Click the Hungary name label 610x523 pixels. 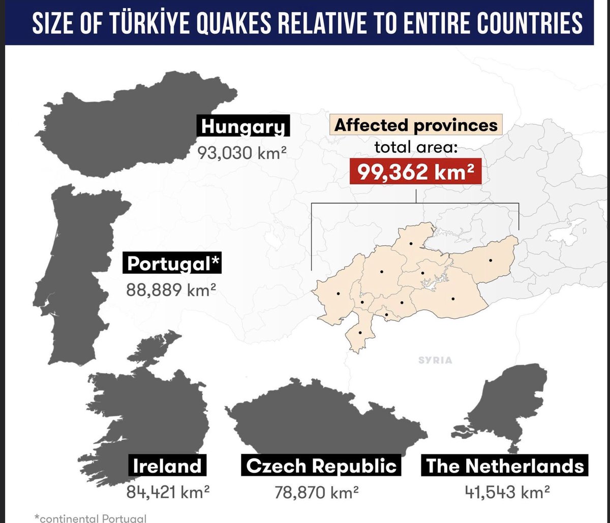click(243, 127)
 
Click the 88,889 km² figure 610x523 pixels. click(171, 290)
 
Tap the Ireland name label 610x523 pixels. click(167, 466)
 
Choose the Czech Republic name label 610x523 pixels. click(321, 466)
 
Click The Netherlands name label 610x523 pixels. click(505, 466)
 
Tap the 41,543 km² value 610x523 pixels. click(506, 492)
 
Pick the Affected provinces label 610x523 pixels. click(416, 125)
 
